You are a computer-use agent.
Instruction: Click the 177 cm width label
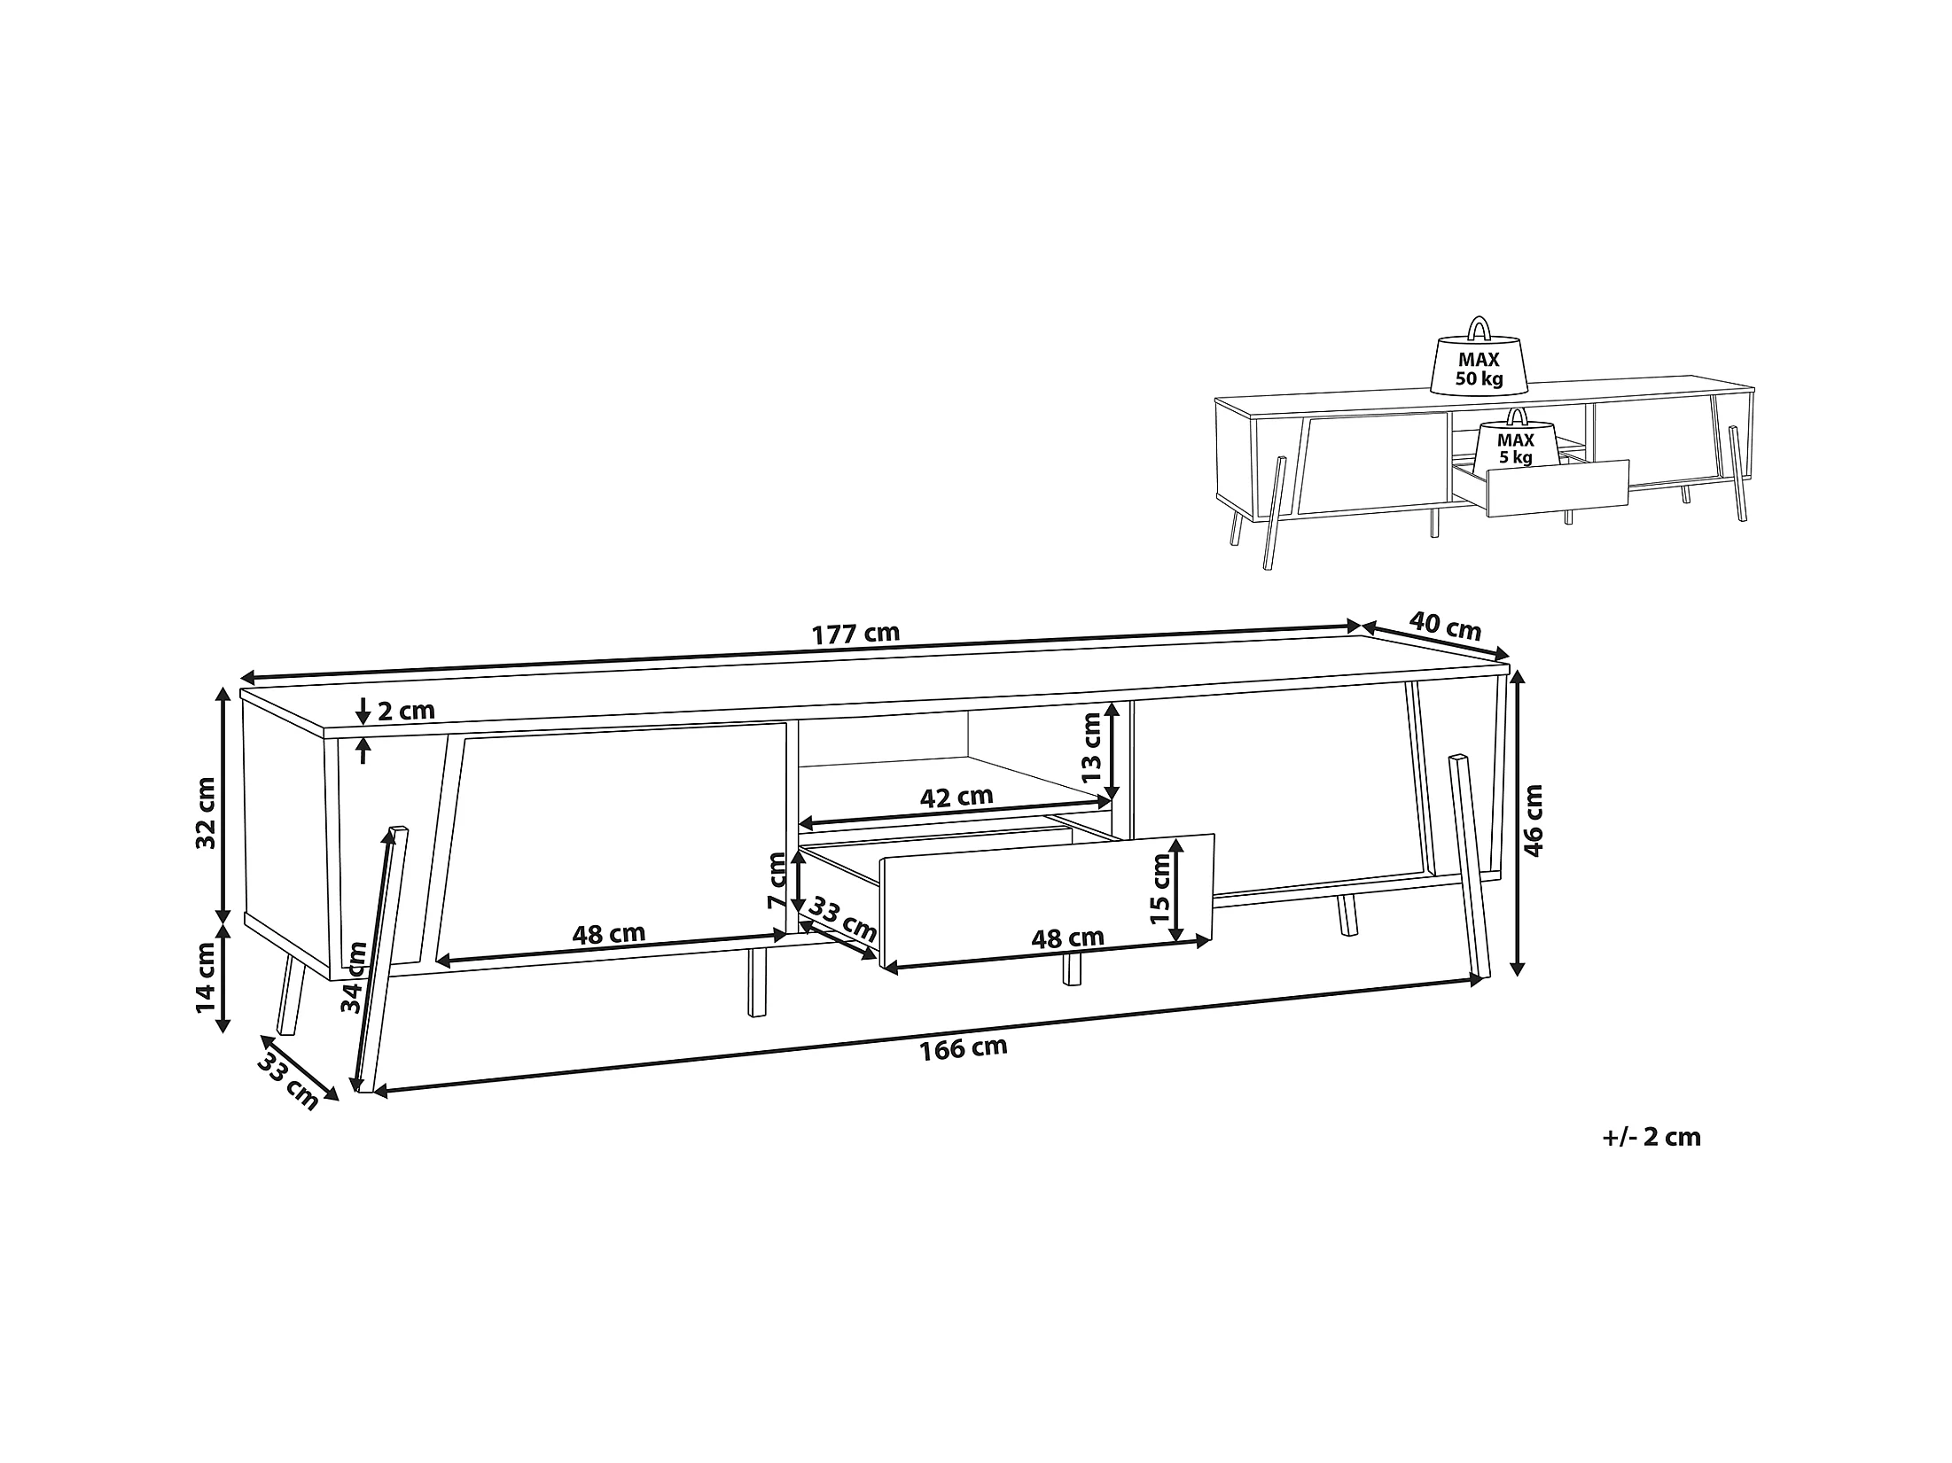(855, 634)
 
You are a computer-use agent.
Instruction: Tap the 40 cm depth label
(1445, 626)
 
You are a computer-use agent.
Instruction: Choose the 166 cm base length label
(964, 1048)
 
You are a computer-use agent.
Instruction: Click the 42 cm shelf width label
(956, 797)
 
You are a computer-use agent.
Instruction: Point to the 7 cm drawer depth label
(777, 881)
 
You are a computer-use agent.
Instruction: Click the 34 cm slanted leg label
(355, 977)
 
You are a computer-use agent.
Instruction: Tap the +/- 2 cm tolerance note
(1651, 1137)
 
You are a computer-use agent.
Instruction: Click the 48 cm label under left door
(608, 933)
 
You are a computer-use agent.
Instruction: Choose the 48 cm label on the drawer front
(1067, 937)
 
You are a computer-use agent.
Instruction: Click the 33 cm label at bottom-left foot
(288, 1084)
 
